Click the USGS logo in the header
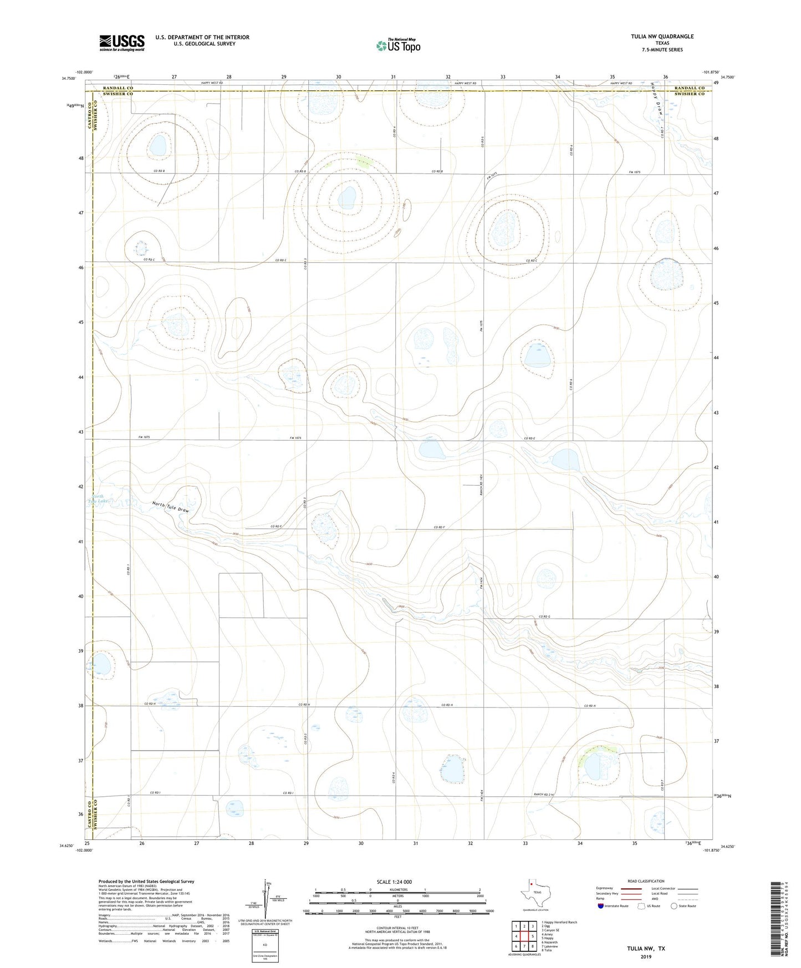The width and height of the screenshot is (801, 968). tap(122, 42)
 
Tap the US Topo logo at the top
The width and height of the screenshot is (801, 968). tap(398, 45)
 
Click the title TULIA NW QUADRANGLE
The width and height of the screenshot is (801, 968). tap(662, 37)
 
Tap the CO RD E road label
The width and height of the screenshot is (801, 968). tap(529, 439)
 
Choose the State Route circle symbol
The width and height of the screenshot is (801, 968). tap(674, 906)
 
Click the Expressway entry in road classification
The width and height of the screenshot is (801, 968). tap(605, 888)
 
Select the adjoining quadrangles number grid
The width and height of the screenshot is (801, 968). tap(524, 937)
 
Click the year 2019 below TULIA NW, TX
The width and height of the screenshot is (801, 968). tap(646, 957)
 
